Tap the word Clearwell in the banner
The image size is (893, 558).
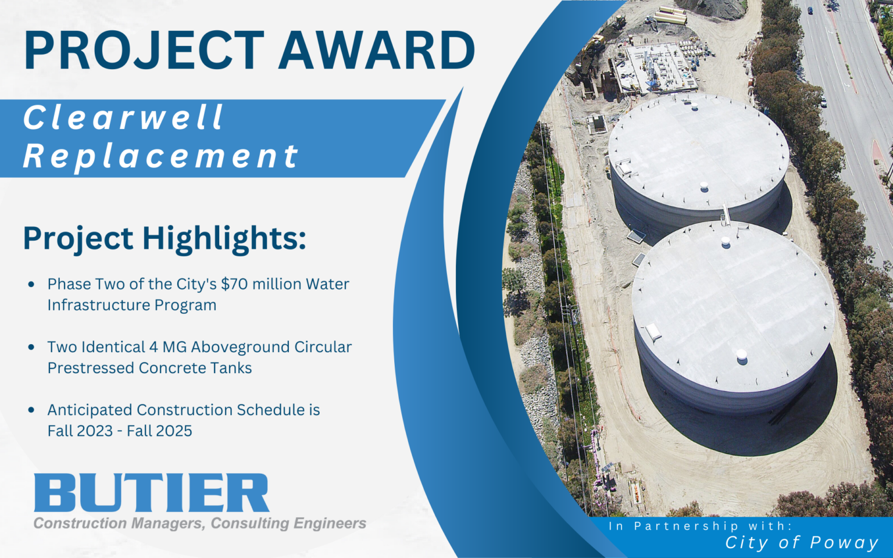[x=123, y=117]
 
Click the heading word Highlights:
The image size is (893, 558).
[x=224, y=238]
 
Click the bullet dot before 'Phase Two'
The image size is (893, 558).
[x=31, y=284]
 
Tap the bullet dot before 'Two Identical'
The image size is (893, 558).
[x=31, y=347]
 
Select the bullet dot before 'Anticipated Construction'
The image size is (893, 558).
[x=31, y=410]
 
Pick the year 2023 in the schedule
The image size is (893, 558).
[x=95, y=431]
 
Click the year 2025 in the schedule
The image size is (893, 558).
[x=174, y=431]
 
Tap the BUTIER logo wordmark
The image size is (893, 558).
[x=151, y=492]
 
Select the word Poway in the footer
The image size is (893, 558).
[x=844, y=543]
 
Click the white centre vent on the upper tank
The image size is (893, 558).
[x=704, y=187]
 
